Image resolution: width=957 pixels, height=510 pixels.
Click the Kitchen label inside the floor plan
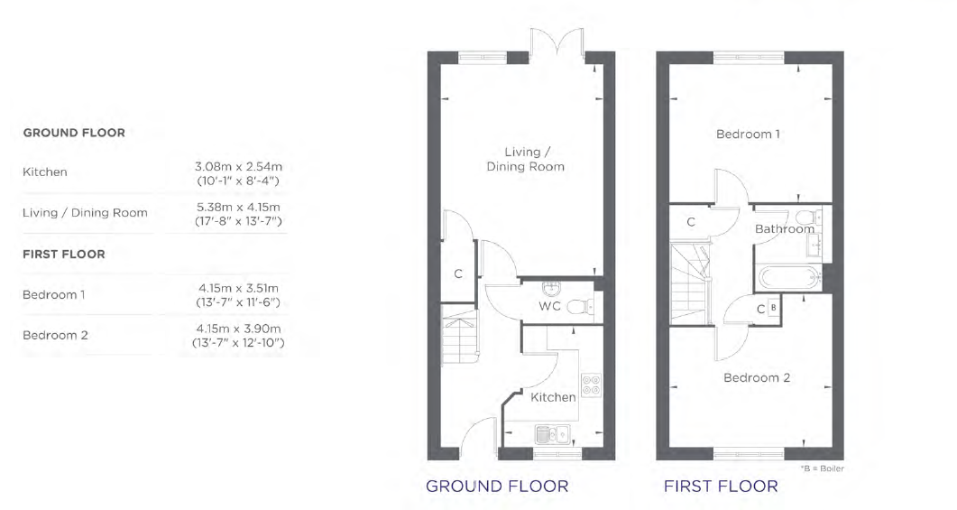click(553, 397)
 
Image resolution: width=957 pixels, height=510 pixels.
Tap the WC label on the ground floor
click(549, 306)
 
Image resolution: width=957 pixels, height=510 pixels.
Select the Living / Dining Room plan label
click(525, 159)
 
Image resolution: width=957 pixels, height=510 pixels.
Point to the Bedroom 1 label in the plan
click(748, 134)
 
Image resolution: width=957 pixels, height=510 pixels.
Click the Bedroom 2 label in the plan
click(757, 377)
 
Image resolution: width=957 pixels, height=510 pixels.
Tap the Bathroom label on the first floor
click(785, 229)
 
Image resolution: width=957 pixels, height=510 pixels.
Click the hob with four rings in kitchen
click(591, 385)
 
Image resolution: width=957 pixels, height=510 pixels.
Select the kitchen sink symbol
click(552, 434)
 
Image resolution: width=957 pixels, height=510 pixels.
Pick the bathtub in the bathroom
click(789, 279)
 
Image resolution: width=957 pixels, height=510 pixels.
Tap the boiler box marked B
click(773, 308)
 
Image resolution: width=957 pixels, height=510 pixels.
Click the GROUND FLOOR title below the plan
click(497, 487)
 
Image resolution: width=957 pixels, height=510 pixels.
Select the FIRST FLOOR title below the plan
click(721, 487)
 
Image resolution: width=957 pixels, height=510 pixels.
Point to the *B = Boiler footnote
click(822, 468)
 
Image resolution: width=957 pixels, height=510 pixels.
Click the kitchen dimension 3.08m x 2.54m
click(239, 166)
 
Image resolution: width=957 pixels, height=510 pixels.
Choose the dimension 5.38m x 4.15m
click(238, 207)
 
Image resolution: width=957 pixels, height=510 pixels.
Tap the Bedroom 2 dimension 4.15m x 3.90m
click(239, 329)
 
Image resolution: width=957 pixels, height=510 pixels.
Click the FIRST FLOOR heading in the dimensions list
click(63, 254)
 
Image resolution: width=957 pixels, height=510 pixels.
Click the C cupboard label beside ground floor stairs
click(457, 274)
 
